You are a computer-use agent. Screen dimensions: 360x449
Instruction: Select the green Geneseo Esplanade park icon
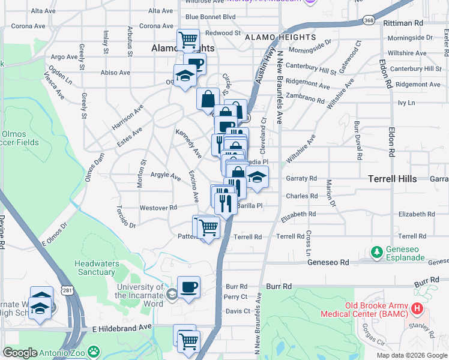tap(377, 251)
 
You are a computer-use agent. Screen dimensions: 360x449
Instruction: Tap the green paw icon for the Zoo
tap(94, 352)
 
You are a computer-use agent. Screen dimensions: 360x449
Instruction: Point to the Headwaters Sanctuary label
tap(95, 268)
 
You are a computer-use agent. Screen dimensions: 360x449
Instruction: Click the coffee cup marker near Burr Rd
tap(188, 287)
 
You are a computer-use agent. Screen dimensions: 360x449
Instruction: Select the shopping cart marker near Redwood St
tap(188, 40)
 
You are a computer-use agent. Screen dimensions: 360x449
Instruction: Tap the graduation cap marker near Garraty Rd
tap(257, 178)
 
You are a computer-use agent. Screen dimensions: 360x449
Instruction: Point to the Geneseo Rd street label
tap(328, 262)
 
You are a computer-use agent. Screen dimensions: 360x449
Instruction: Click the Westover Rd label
tap(158, 208)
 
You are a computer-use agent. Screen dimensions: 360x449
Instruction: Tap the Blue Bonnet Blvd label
tap(210, 17)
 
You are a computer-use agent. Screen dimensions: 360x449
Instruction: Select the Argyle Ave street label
tap(165, 176)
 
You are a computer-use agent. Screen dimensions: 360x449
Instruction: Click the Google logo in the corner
tap(20, 353)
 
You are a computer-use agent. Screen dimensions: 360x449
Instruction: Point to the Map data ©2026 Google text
tap(411, 355)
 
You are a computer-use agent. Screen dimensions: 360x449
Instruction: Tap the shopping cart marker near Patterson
tap(208, 228)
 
